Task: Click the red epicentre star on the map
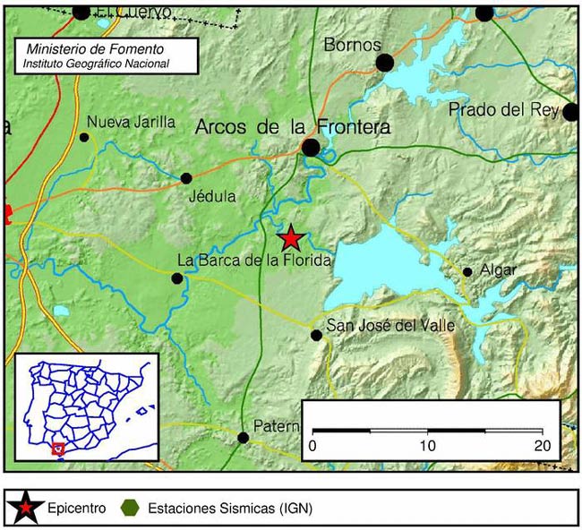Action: pos(290,238)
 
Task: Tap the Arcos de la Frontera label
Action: pos(293,128)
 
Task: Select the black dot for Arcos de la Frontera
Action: pos(311,147)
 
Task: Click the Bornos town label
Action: pos(352,45)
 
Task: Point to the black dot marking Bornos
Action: pos(385,62)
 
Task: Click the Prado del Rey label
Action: pos(504,110)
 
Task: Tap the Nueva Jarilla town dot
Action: pos(84,137)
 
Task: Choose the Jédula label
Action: pos(213,196)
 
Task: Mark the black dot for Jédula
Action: pos(186,178)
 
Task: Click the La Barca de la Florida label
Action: pos(254,261)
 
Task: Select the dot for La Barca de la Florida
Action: pos(177,278)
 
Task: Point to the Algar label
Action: pos(499,270)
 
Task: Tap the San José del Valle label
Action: pos(390,325)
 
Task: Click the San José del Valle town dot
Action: pos(316,335)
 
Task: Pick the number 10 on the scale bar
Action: pos(427,446)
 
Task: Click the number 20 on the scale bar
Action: pos(541,446)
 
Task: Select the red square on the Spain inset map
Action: pos(59,448)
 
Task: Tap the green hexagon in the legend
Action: pos(131,509)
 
